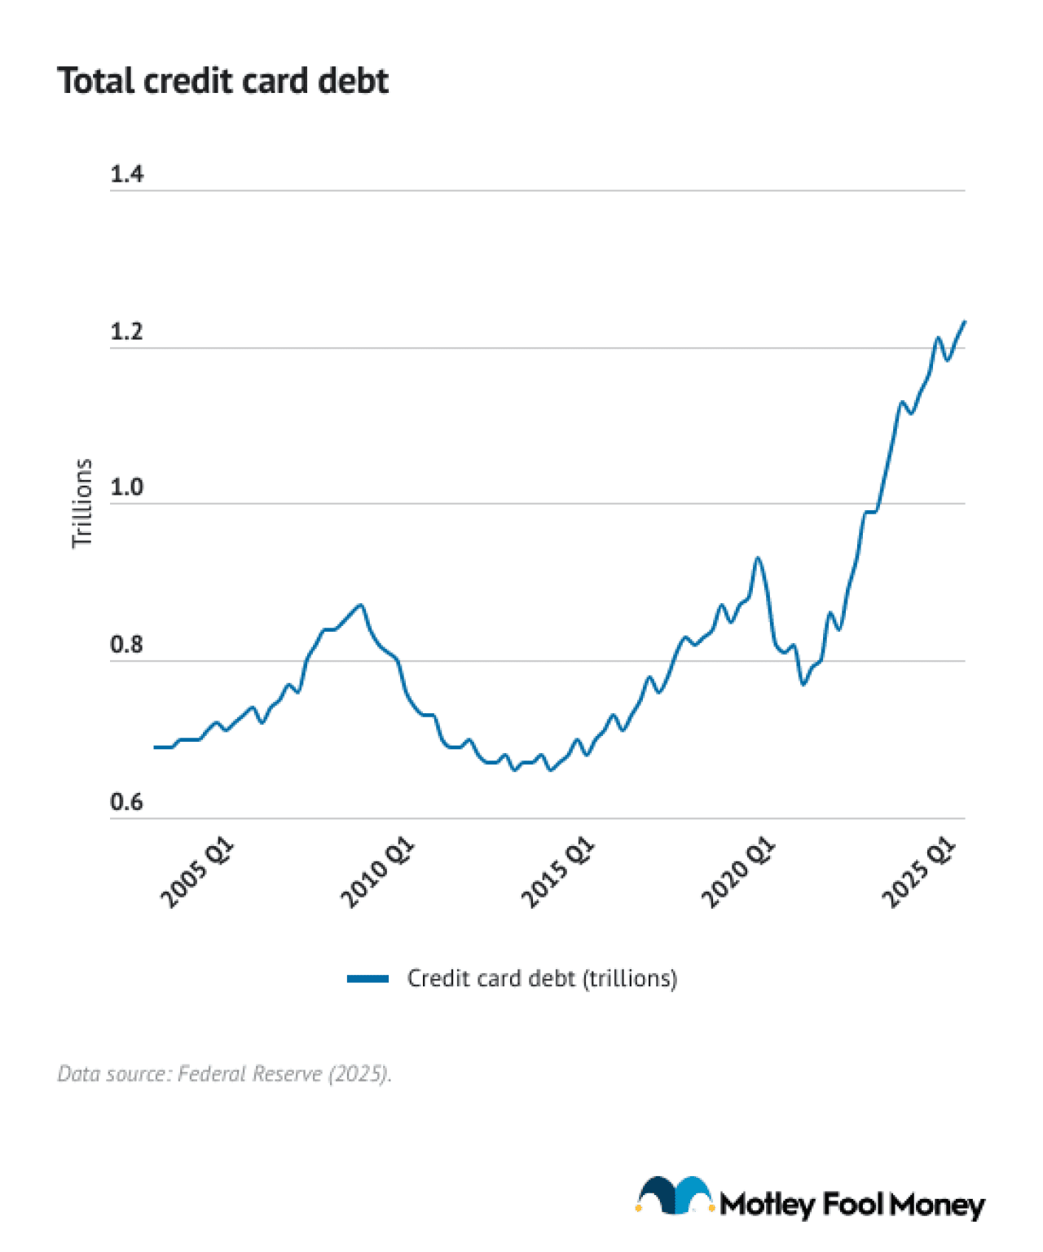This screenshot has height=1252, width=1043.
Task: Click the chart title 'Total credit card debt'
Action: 222,81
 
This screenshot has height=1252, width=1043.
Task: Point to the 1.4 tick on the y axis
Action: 126,174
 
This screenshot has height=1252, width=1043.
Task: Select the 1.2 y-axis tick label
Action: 126,332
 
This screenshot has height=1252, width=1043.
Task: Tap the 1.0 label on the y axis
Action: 126,487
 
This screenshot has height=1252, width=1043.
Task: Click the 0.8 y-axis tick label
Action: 126,644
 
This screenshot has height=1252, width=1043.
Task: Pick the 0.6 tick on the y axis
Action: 126,801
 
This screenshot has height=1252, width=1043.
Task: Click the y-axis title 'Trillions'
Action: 81,503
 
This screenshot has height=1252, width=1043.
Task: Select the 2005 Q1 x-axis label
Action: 197,872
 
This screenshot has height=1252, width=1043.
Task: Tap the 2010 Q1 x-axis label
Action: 377,872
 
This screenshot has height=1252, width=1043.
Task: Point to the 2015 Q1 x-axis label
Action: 558,872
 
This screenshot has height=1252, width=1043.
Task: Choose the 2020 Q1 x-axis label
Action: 738,872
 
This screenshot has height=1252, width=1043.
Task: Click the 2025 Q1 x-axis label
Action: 918,872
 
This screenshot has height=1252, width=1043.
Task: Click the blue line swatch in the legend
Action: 367,978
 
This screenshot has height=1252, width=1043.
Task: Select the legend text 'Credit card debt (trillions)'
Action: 542,978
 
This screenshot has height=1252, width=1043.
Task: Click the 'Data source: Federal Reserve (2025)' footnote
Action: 224,1073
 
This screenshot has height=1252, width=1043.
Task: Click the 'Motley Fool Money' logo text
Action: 852,1204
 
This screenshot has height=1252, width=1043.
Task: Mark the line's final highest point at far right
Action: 965,321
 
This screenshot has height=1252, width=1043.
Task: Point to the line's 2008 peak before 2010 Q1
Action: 361,605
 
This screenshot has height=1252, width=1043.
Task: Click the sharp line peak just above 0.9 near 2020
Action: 758,558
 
